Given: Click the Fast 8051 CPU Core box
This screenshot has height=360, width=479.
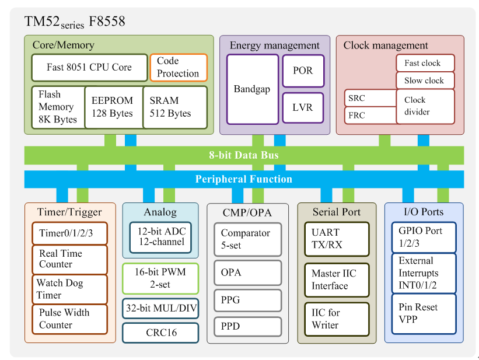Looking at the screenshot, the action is [89, 68].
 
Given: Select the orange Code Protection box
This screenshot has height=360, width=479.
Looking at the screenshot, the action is [179, 68].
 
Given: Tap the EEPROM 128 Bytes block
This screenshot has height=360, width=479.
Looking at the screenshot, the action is [114, 107].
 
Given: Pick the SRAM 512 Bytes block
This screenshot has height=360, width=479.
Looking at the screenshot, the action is [175, 107].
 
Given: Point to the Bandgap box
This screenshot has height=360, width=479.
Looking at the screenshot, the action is [253, 89].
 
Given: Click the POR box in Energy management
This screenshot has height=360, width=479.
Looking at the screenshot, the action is [303, 71].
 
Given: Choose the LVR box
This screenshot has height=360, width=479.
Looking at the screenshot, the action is [303, 108].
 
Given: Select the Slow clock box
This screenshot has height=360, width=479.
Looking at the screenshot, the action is [425, 81].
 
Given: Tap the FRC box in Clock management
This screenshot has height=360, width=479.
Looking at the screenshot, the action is [370, 115].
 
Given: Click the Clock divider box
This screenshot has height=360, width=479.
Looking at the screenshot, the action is [425, 106].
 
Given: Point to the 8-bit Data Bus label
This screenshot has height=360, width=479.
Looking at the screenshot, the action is [244, 155].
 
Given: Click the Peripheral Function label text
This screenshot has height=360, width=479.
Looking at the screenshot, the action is [244, 179].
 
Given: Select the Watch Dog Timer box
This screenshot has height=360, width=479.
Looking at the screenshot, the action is [70, 289].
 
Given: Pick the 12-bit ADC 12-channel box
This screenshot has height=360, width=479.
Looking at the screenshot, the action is [160, 237].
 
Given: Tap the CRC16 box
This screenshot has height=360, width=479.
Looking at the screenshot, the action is [160, 333].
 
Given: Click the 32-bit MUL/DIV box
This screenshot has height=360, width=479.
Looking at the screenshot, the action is [160, 308].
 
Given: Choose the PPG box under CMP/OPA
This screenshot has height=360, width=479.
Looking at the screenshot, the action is [248, 300].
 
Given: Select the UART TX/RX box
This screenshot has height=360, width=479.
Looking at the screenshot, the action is [337, 239].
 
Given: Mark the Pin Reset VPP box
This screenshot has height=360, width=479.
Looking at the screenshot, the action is [424, 314].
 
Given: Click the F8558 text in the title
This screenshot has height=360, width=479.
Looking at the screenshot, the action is [107, 22].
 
